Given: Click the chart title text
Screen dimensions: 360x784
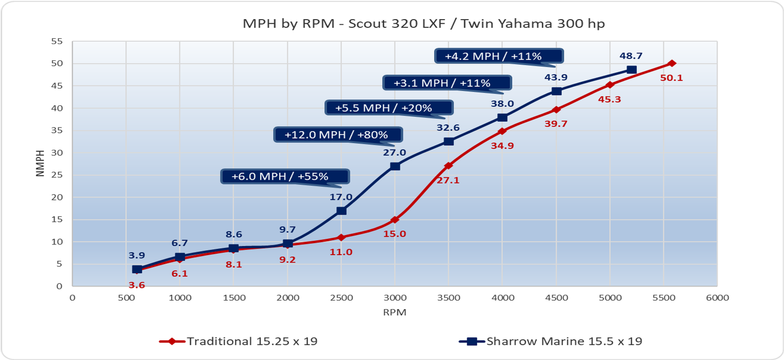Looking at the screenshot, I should tap(424, 24).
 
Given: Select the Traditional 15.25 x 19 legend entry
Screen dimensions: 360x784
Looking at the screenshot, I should tap(239, 341).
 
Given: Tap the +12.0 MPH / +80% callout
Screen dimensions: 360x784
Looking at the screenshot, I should tap(338, 135).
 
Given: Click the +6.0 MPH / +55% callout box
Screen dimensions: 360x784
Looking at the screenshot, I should tap(285, 176).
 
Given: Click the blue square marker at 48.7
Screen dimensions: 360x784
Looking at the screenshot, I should tap(632, 70).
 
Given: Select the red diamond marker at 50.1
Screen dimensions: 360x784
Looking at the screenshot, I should tap(672, 63).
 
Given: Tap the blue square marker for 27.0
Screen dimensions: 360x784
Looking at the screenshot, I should tap(395, 166).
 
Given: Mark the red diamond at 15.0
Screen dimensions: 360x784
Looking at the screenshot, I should tap(395, 219).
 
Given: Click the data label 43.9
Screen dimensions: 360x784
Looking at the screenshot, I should tap(556, 77).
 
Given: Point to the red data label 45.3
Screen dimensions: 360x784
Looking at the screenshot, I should tap(610, 99).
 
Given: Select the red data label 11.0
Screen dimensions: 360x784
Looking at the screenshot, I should tap(341, 252).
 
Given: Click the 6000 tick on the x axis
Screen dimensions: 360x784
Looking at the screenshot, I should tap(717, 298).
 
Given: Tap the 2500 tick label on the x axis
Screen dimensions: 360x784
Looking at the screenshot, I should tap(342, 298).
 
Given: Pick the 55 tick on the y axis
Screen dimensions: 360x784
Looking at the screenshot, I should tap(57, 42).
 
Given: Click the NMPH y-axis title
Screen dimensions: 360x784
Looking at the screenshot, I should tap(40, 163).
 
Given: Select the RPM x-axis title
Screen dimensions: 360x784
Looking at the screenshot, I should tap(394, 312).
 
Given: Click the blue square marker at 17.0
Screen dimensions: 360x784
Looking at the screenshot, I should tap(342, 211).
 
